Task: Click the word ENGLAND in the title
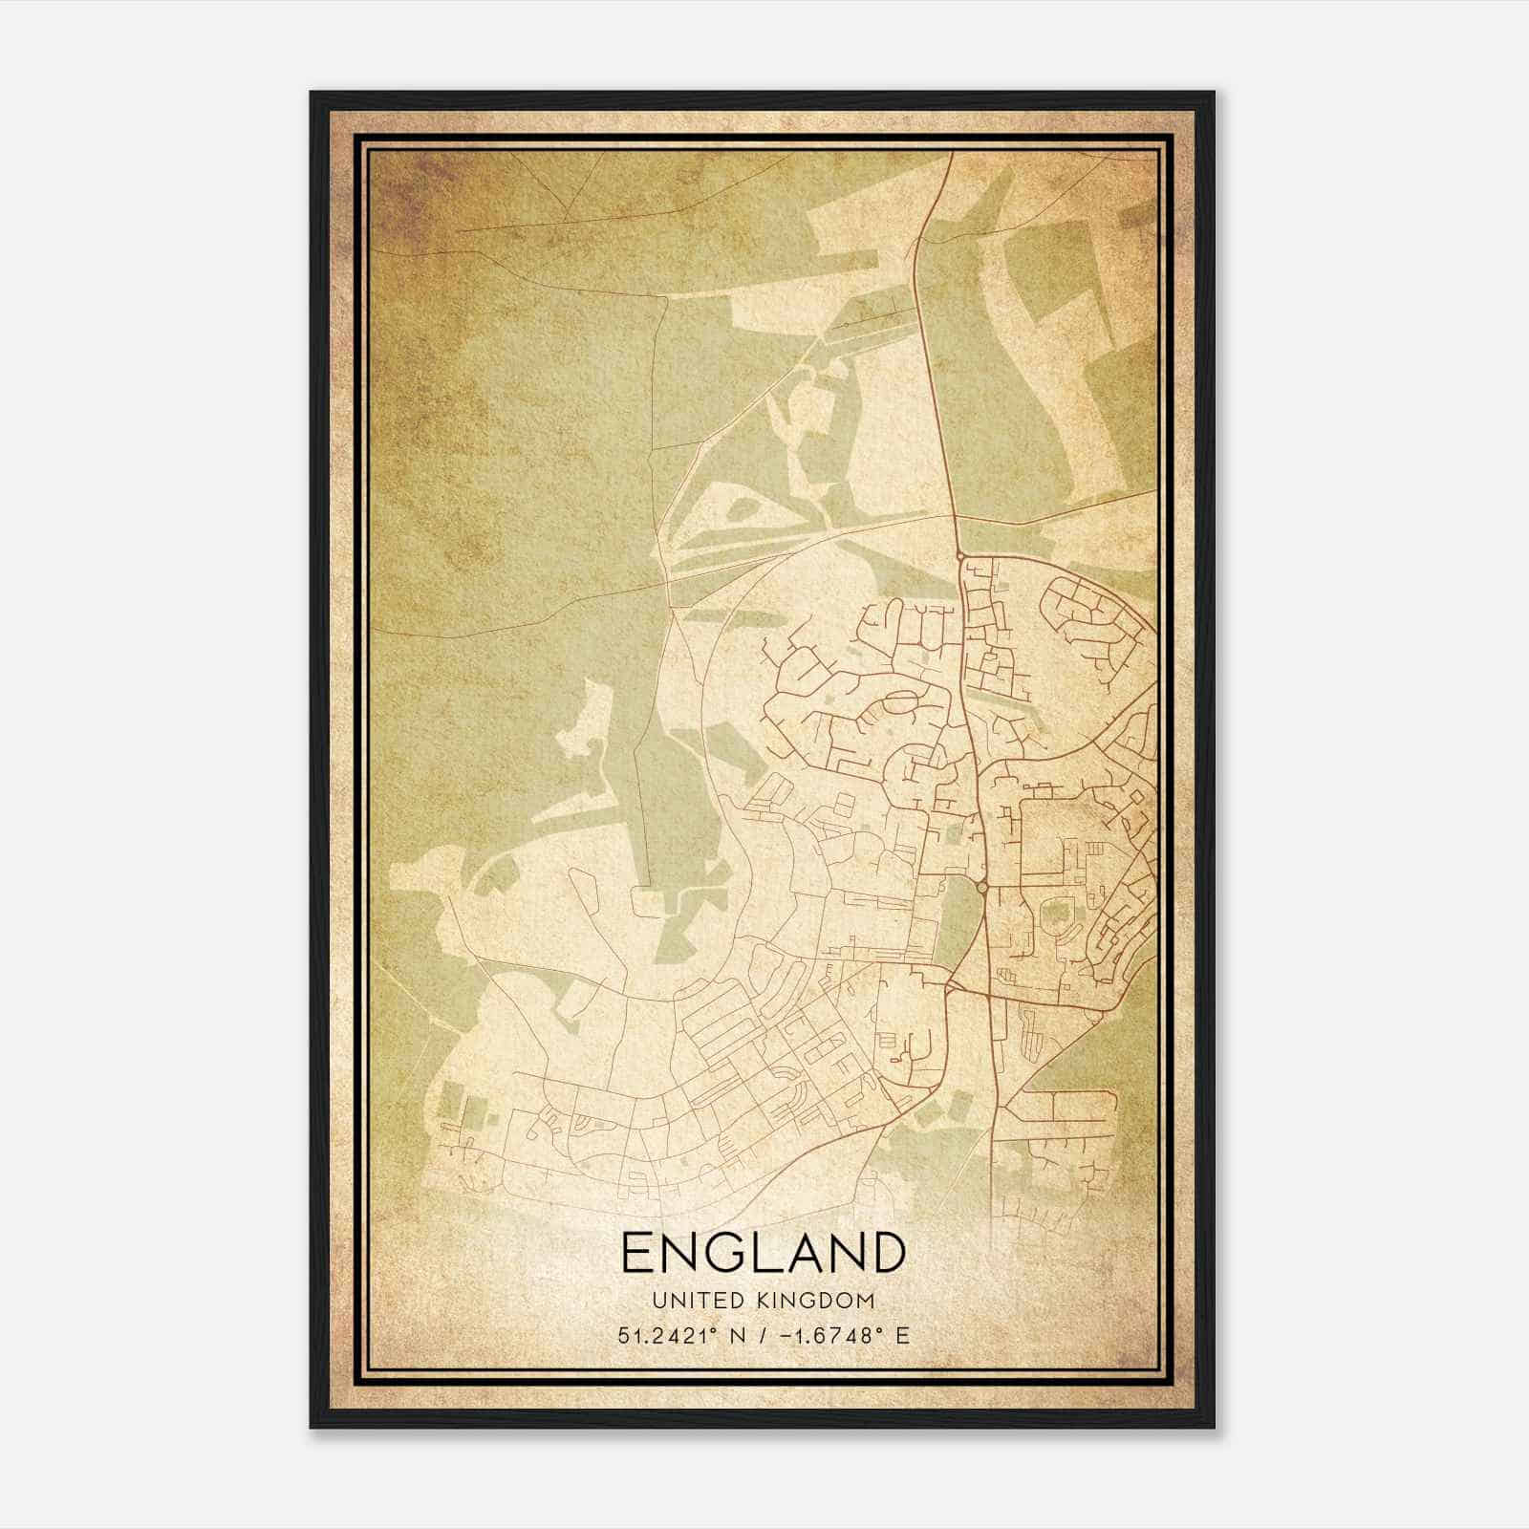763,1253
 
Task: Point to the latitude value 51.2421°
664,1335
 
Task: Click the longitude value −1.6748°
830,1335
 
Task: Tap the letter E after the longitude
902,1335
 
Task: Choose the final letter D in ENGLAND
887,1253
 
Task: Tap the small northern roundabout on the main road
958,554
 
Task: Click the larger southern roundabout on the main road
981,888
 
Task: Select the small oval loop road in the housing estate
901,702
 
